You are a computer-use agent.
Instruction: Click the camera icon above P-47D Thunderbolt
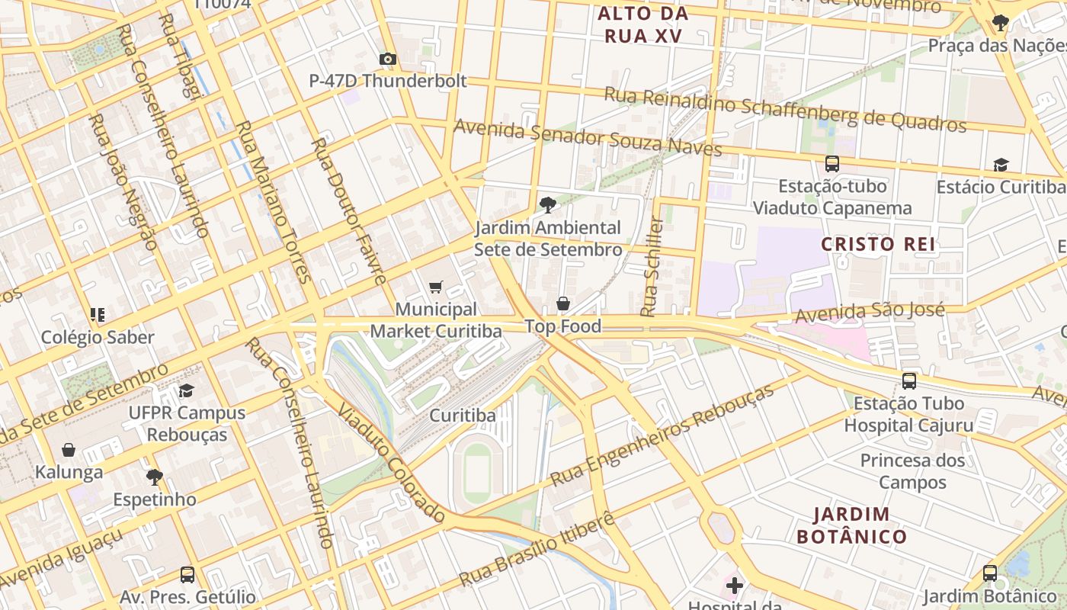(x=387, y=59)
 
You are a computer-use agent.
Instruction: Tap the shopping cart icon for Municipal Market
(x=435, y=287)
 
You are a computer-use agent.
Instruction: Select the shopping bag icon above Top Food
(x=563, y=303)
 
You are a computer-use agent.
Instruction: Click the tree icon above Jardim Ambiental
(x=546, y=204)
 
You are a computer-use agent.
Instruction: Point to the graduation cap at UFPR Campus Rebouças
(x=186, y=390)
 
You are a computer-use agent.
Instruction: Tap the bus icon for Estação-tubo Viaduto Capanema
(x=832, y=163)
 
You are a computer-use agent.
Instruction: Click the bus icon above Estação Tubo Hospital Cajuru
(x=908, y=380)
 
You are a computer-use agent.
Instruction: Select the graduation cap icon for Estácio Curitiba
(x=1001, y=165)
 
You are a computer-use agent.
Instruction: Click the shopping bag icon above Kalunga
(x=69, y=450)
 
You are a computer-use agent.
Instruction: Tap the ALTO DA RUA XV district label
(x=642, y=24)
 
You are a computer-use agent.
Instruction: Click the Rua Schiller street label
(x=652, y=267)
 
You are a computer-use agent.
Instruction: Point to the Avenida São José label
(x=870, y=312)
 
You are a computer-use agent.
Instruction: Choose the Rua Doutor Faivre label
(x=349, y=211)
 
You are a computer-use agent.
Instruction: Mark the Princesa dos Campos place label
(x=912, y=471)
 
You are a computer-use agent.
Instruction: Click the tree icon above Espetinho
(x=155, y=477)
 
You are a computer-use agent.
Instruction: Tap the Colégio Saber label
(x=98, y=337)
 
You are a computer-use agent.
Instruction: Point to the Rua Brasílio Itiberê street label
(x=537, y=551)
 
